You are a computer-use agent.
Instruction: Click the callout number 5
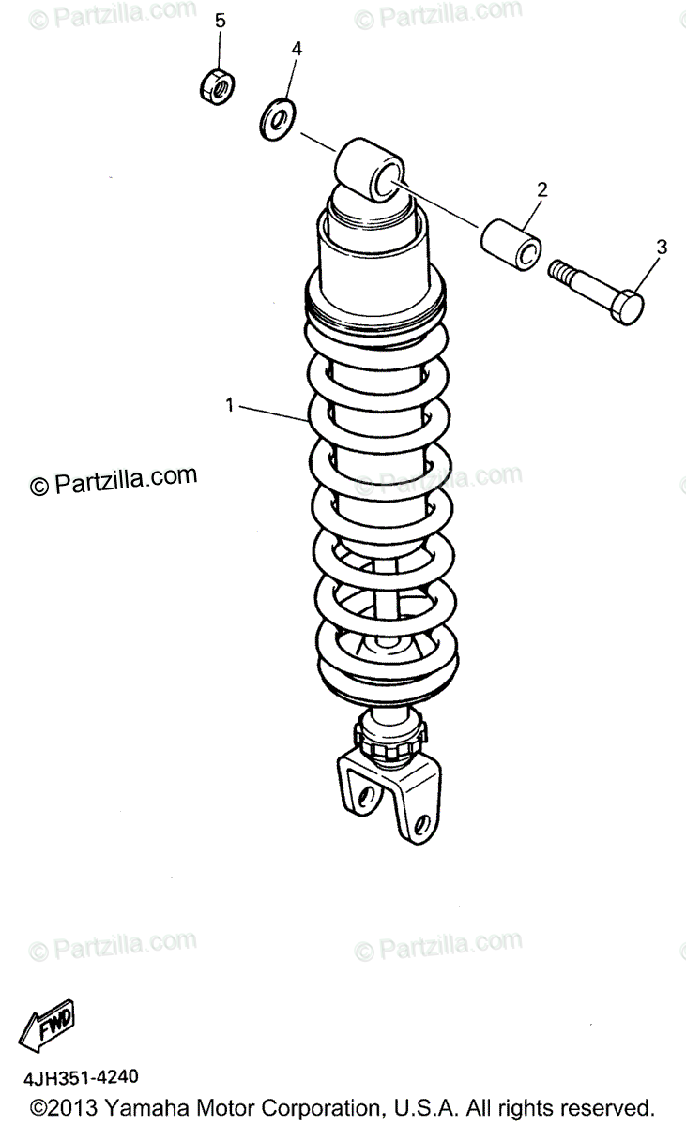click(x=221, y=21)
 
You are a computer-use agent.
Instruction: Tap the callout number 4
click(x=296, y=48)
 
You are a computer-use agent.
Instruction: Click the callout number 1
click(x=228, y=405)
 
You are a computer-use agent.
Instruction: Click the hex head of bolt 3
click(x=627, y=306)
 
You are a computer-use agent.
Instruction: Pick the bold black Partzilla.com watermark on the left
click(x=114, y=480)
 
